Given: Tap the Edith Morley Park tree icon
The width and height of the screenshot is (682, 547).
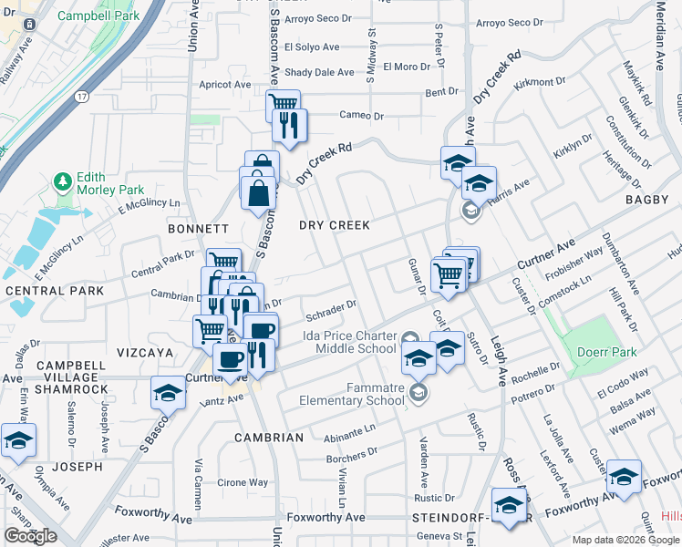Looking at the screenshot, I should pyautogui.click(x=63, y=182).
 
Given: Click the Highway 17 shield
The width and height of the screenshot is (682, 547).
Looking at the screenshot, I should pyautogui.click(x=82, y=96).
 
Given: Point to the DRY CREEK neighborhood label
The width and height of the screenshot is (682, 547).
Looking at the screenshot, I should pyautogui.click(x=336, y=225).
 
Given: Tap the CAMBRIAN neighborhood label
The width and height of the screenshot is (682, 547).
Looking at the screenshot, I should pyautogui.click(x=269, y=438).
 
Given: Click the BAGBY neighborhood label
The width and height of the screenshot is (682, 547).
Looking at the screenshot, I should pyautogui.click(x=649, y=199).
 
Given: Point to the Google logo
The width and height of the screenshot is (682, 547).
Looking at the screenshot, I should pyautogui.click(x=31, y=536).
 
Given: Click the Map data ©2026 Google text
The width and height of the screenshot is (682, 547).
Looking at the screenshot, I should pyautogui.click(x=625, y=540).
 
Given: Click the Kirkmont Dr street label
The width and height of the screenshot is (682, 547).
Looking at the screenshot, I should pyautogui.click(x=540, y=82).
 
